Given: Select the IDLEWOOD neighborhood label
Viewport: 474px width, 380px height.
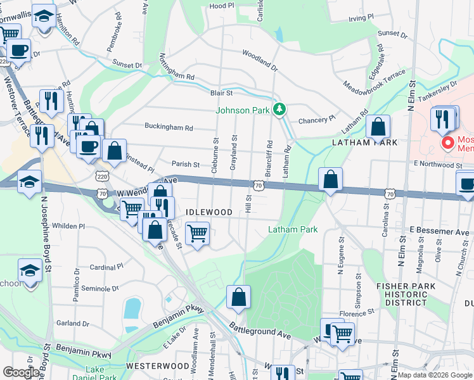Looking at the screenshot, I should pos(205,211).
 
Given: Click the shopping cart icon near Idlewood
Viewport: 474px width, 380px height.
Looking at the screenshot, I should pos(197,234).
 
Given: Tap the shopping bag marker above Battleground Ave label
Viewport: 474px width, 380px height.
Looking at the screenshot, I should pos(239,297).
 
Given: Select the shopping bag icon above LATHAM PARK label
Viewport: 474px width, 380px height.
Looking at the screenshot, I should pos(378,126).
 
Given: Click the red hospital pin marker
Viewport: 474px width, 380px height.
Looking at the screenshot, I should pos(447,143).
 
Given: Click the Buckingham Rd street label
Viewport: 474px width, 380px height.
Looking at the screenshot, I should pos(169,127).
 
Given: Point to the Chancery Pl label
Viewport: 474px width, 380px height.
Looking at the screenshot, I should pos(316,120).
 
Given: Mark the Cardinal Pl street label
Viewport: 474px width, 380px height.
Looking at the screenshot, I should pos(106,267).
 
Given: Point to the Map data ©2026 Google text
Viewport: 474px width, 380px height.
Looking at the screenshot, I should pos(434,375).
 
